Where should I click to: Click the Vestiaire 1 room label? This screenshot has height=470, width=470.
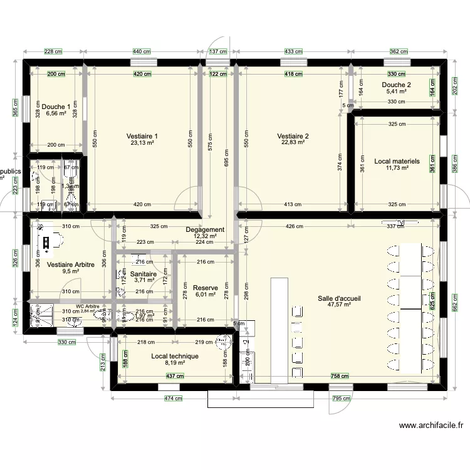tap(142, 136)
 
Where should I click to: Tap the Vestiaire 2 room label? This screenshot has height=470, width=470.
tap(293, 136)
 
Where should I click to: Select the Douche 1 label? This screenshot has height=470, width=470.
tap(56, 107)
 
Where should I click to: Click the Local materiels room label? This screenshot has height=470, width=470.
tap(397, 161)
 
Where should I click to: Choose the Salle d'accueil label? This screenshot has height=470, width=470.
tap(339, 298)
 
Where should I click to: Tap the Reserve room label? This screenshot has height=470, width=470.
tap(206, 288)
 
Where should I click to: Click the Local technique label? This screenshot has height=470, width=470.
tap(175, 356)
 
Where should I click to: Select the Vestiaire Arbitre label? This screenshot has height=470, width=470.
tap(71, 264)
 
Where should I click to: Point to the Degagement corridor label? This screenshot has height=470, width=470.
tap(205, 229)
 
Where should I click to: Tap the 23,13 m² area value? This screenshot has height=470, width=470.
tap(142, 143)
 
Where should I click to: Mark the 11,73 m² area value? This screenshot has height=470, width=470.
tap(397, 168)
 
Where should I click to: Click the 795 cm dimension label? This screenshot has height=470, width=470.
tap(342, 398)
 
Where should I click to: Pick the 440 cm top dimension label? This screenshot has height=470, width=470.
tap(142, 52)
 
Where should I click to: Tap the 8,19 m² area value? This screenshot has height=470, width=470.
tap(175, 363)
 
